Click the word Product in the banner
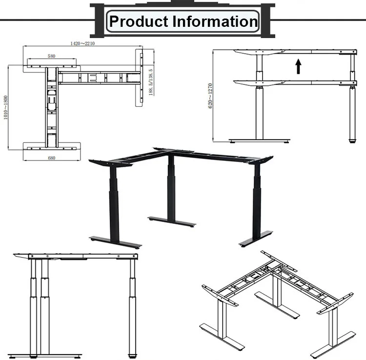pyautogui.click(x=139, y=21)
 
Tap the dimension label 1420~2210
pyautogui.click(x=82, y=43)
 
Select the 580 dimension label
pyautogui.click(x=52, y=56)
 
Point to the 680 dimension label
pyautogui.click(x=52, y=158)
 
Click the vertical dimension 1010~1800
pyautogui.click(x=5, y=107)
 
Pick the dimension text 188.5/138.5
pyautogui.click(x=151, y=82)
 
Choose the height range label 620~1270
pyautogui.click(x=210, y=96)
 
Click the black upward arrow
pyautogui.click(x=298, y=66)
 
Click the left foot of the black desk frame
pyautogui.click(x=115, y=242)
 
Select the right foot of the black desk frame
pyautogui.click(x=256, y=239)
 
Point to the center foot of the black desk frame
pyautogui.click(x=172, y=222)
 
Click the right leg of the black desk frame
pyautogui.click(x=257, y=200)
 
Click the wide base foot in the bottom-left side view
pyautogui.click(x=45, y=356)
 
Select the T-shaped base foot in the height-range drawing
pyautogui.click(x=259, y=140)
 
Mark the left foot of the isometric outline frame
pyautogui.click(x=222, y=337)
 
